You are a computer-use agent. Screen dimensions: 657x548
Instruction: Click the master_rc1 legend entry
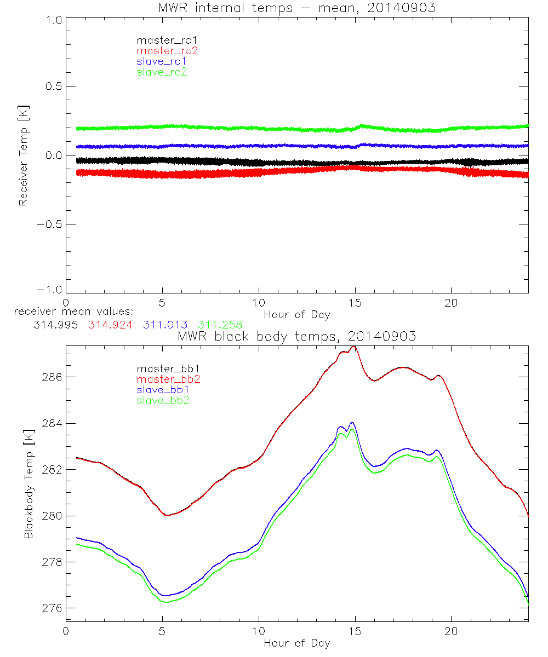[x=162, y=41]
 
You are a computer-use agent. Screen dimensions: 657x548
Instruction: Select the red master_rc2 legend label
[x=167, y=51]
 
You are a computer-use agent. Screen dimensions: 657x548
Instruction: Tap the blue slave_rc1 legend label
[x=162, y=61]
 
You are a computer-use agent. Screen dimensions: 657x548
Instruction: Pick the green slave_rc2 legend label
[x=162, y=72]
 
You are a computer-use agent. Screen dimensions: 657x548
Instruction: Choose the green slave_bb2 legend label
[x=163, y=400]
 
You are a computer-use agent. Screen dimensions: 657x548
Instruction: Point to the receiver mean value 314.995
[x=55, y=324]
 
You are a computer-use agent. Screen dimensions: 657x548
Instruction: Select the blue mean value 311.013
[x=166, y=324]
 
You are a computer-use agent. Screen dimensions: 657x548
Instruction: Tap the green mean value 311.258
[x=221, y=324]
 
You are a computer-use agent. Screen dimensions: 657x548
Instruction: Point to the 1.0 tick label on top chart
[x=54, y=18]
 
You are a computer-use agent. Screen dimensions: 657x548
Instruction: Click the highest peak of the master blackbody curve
[x=353, y=347]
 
